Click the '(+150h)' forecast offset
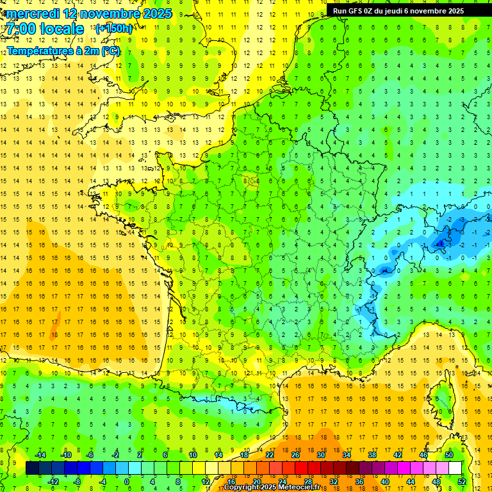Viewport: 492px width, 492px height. [114, 28]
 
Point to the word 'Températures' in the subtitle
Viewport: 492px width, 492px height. [38, 51]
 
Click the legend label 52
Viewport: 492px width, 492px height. [462, 482]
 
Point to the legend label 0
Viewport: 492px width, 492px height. [127, 482]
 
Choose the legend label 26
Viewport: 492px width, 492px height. [295, 455]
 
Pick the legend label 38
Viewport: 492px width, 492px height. [372, 455]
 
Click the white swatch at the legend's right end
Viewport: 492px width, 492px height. [455, 468]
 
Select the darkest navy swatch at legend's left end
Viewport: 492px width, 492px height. [32, 468]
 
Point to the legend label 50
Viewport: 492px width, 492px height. [449, 455]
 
